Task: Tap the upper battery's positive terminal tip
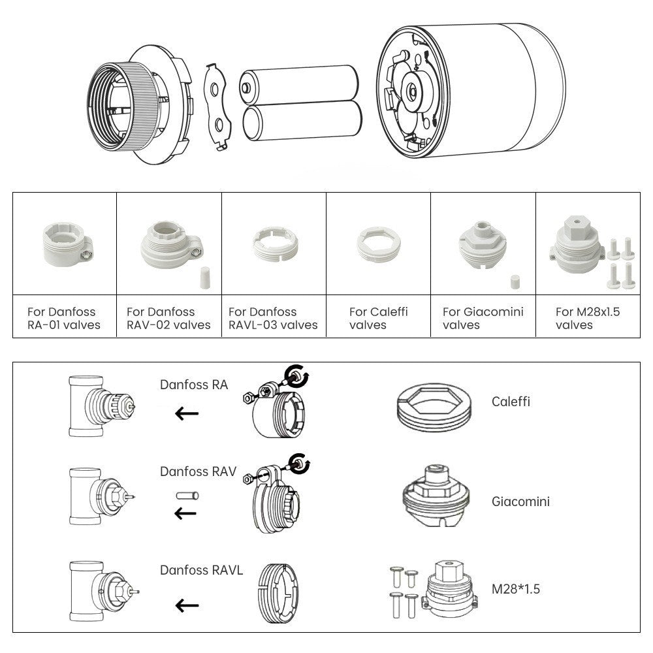click(x=246, y=86)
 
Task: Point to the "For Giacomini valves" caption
click(x=483, y=318)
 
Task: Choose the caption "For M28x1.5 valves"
click(x=587, y=318)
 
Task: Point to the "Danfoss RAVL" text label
click(x=201, y=570)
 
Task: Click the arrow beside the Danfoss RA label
click(x=187, y=413)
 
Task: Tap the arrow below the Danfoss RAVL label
click(x=187, y=605)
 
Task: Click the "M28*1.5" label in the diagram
click(x=516, y=589)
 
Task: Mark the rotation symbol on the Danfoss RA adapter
click(x=301, y=377)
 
